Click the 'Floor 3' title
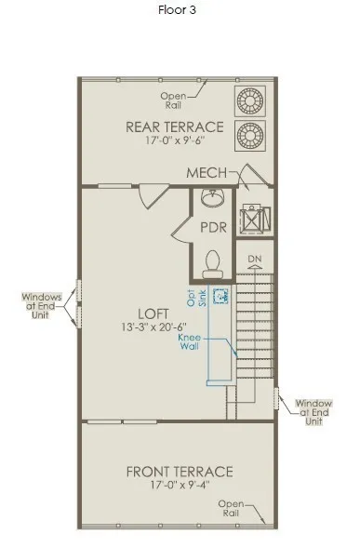177,9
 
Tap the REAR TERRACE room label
175,127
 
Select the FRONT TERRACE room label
180,472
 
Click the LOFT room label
153,314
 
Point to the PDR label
213,227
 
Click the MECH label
207,173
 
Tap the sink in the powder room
213,198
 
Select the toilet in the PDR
213,265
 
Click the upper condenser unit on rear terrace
249,101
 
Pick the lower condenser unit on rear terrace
249,136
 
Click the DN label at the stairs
255,259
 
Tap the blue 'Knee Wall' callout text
190,342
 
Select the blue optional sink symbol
221,296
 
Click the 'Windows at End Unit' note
42,306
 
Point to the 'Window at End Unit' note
313,412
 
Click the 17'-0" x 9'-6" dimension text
175,140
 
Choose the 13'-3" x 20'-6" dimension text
153,327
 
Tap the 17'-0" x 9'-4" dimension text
180,485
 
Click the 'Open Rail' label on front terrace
231,508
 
